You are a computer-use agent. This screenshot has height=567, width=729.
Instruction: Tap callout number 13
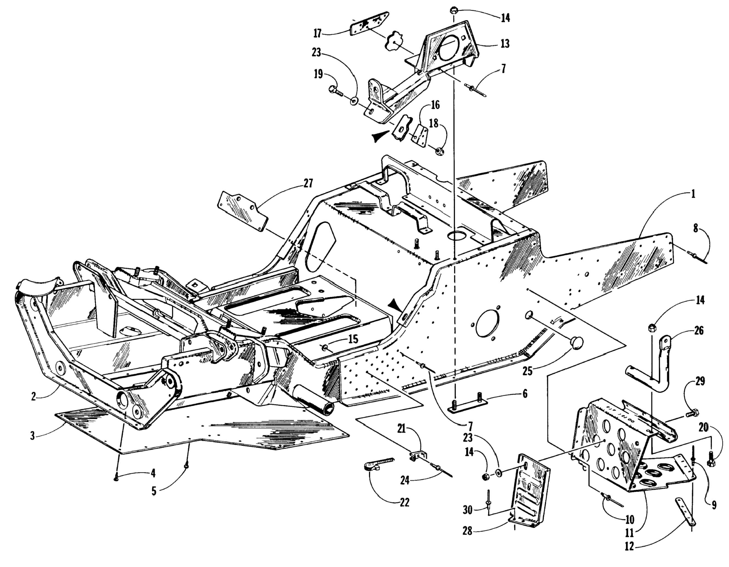[505, 43]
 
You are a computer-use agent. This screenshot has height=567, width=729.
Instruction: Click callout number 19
[318, 74]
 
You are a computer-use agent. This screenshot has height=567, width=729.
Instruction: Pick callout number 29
[700, 381]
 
